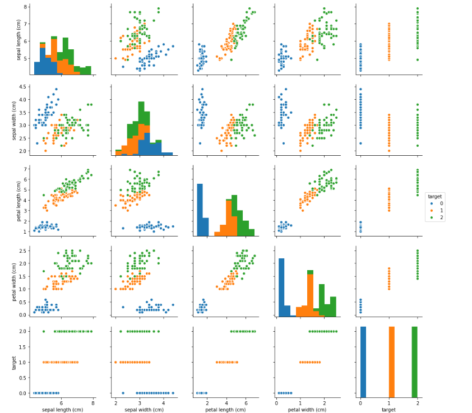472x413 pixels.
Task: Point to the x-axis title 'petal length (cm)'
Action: click(x=226, y=410)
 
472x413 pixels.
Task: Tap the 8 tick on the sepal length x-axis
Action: click(x=93, y=402)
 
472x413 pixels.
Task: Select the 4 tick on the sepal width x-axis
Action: click(x=163, y=402)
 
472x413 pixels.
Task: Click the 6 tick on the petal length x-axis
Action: click(x=246, y=402)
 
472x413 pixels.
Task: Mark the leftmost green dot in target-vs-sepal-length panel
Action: click(x=43, y=331)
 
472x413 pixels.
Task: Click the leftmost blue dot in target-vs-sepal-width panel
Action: click(x=123, y=393)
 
